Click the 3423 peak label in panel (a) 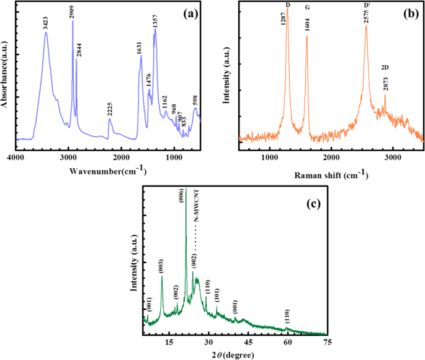point(46,24)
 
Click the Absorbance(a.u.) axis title point(6,75)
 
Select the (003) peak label point(161,268)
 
